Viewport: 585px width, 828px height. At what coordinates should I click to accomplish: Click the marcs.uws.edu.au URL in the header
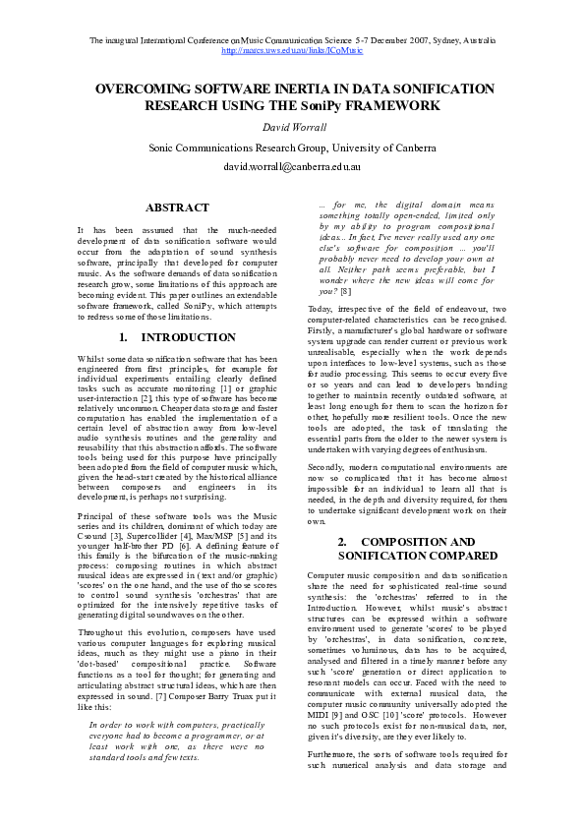(x=292, y=49)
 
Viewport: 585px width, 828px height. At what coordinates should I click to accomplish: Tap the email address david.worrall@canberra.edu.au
(x=292, y=168)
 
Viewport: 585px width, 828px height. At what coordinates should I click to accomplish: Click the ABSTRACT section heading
(x=177, y=207)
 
